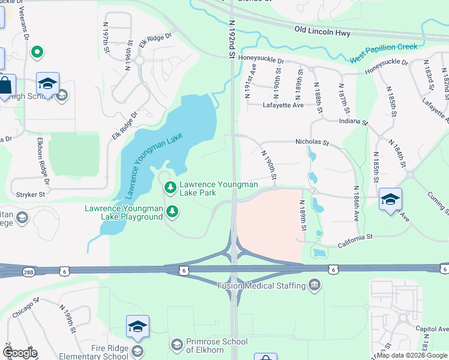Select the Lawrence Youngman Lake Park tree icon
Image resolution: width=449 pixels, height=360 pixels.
171,188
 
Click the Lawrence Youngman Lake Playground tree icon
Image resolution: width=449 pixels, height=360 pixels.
172,211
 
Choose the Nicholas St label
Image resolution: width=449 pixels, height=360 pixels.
312,143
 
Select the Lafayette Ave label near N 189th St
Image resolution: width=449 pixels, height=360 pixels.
283,105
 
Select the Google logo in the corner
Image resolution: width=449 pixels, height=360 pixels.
20,353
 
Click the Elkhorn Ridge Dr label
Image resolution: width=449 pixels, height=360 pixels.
43,157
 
